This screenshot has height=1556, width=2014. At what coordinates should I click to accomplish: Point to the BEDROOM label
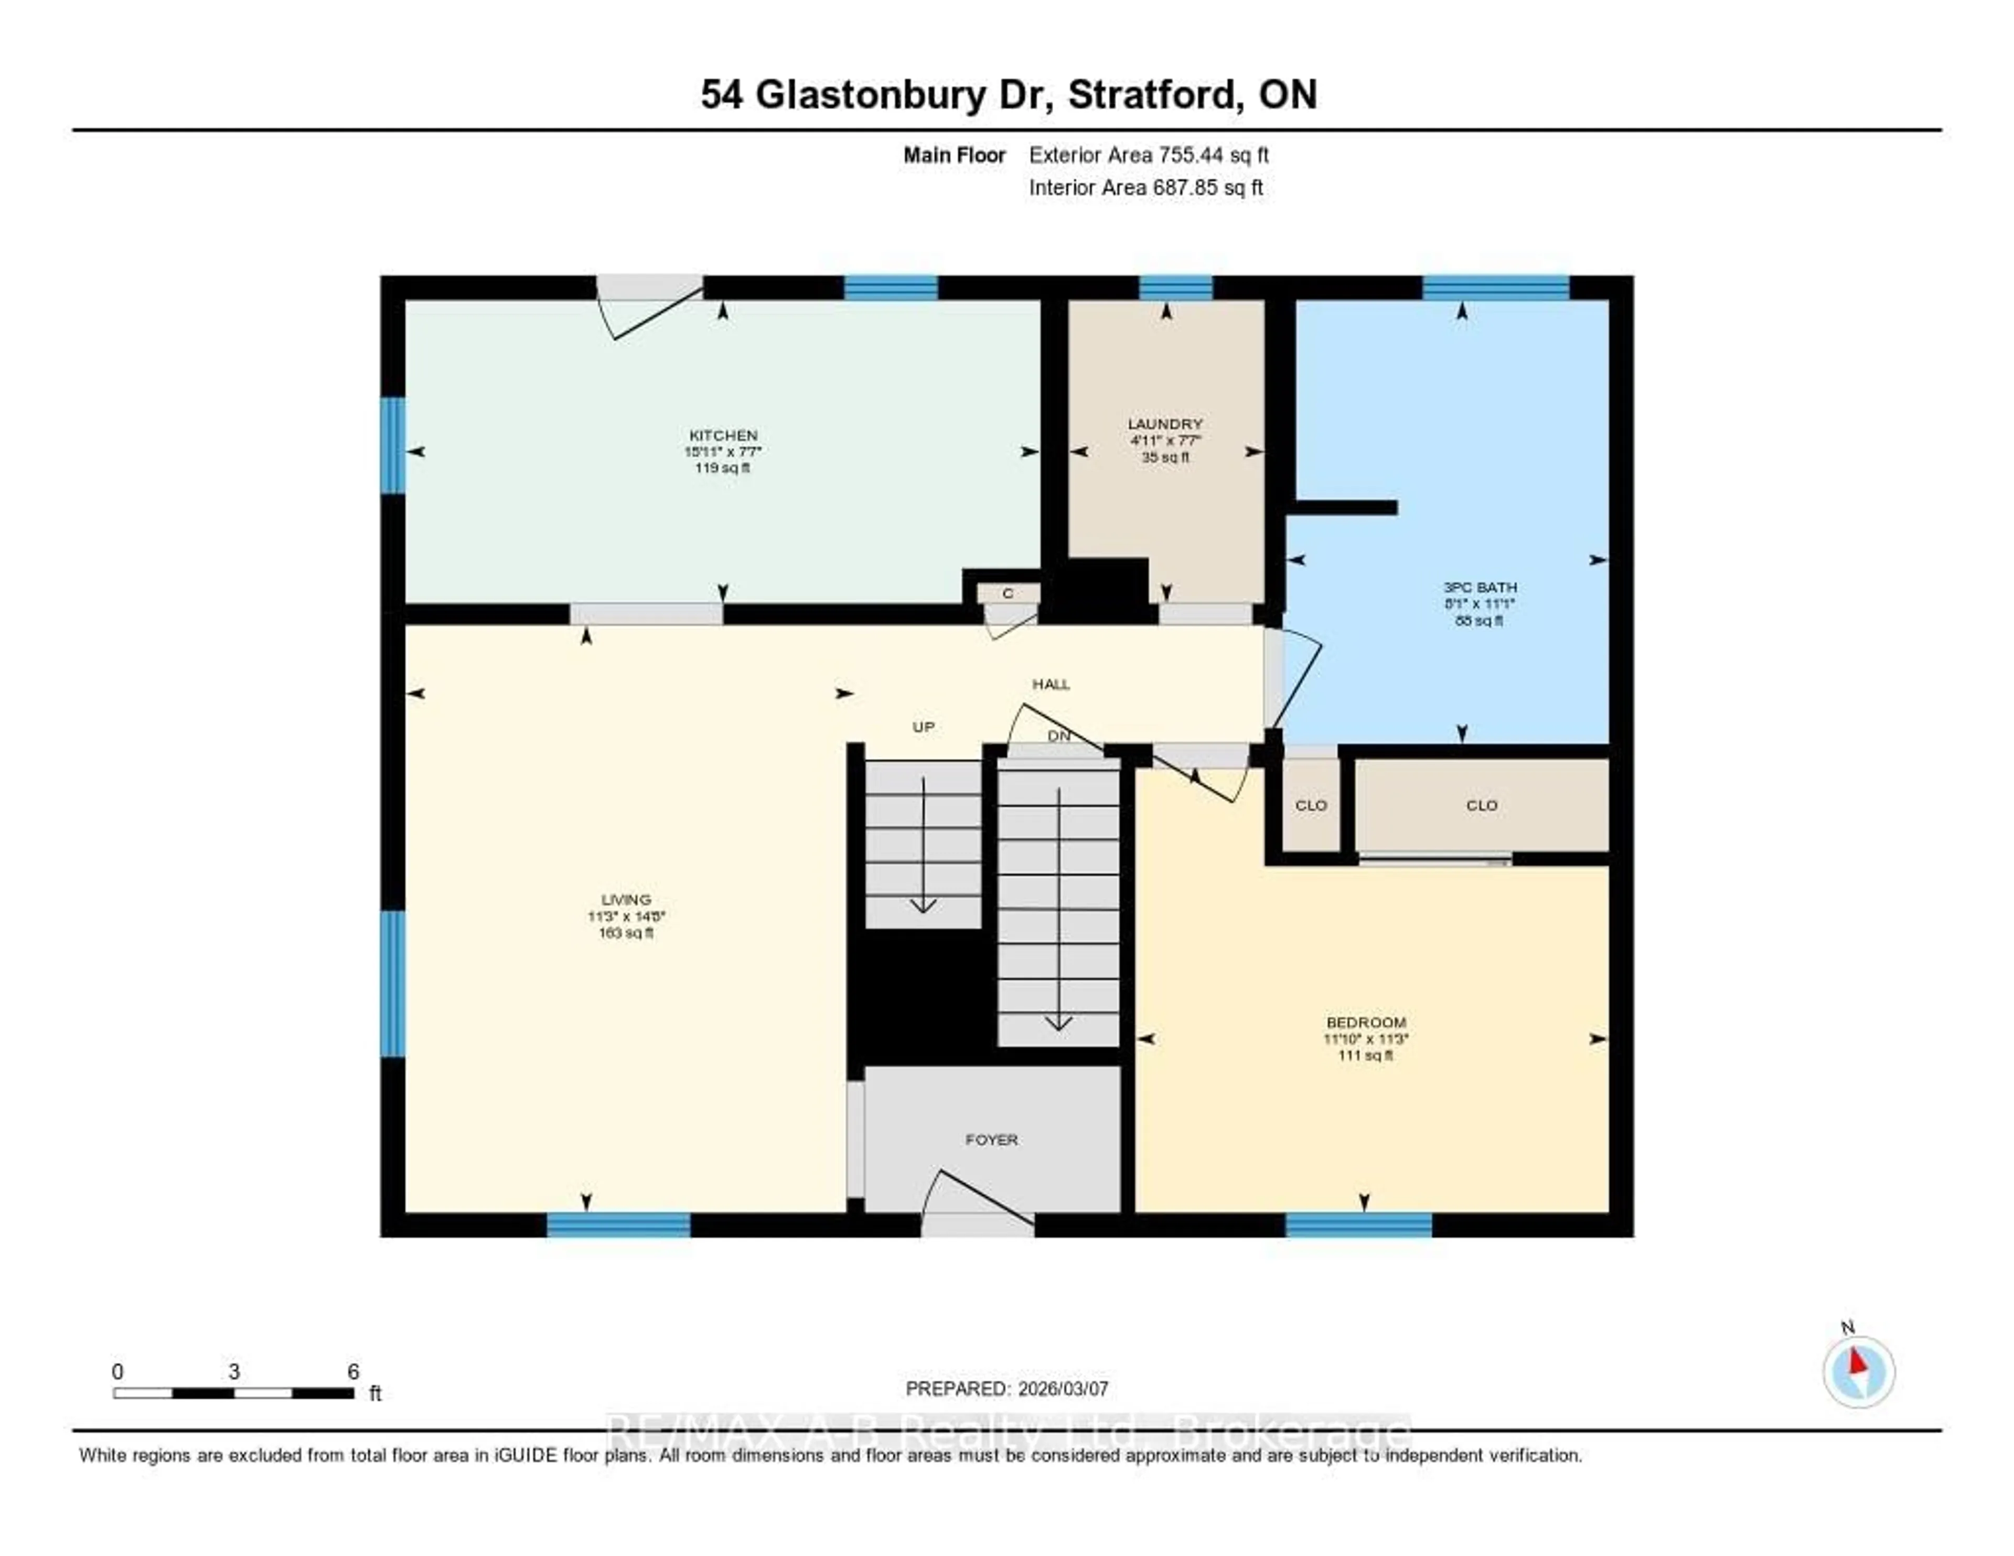(x=1366, y=1022)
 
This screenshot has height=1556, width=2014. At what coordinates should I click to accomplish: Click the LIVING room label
(x=626, y=899)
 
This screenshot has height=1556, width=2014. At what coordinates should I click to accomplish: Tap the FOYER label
(x=991, y=1140)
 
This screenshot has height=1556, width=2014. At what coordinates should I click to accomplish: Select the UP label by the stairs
(x=923, y=727)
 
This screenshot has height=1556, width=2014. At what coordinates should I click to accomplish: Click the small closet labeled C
(x=1008, y=593)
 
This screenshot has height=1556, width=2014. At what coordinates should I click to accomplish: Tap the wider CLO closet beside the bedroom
(x=1481, y=805)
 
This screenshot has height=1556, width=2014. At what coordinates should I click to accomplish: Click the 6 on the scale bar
(x=352, y=1371)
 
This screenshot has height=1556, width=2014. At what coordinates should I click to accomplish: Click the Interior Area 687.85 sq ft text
(x=1145, y=187)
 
